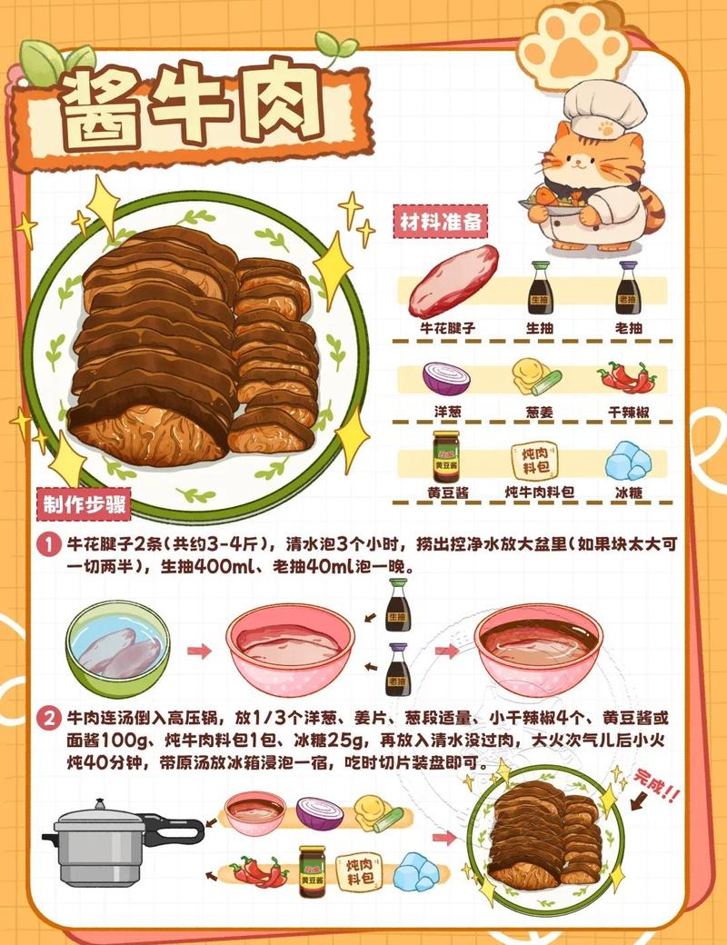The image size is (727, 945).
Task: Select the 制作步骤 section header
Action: tap(84, 502)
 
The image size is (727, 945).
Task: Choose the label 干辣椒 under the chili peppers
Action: tap(628, 411)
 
